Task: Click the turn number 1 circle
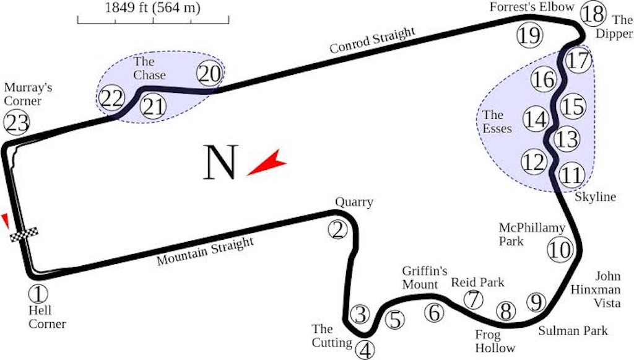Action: pyautogui.click(x=38, y=294)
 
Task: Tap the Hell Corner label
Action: pyautogui.click(x=47, y=317)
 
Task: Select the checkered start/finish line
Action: pyautogui.click(x=24, y=235)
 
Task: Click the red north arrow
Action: pyautogui.click(x=267, y=162)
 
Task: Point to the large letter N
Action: pyautogui.click(x=220, y=162)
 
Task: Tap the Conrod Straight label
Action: pyautogui.click(x=372, y=40)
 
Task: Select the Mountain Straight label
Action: pyautogui.click(x=206, y=251)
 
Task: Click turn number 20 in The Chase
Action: pyautogui.click(x=209, y=74)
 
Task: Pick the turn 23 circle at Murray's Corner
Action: pyautogui.click(x=17, y=123)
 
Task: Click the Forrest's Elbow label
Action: pyautogui.click(x=532, y=7)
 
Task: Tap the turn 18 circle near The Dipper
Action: pyautogui.click(x=593, y=14)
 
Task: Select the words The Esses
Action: pyautogui.click(x=497, y=121)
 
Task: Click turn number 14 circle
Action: pyautogui.click(x=536, y=119)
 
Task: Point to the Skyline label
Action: pyautogui.click(x=595, y=197)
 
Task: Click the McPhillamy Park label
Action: pyautogui.click(x=532, y=234)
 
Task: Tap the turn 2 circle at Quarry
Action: pyautogui.click(x=337, y=230)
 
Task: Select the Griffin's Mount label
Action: pyautogui.click(x=425, y=278)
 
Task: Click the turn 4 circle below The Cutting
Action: pyautogui.click(x=365, y=350)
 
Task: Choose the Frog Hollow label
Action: pyautogui.click(x=495, y=341)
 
